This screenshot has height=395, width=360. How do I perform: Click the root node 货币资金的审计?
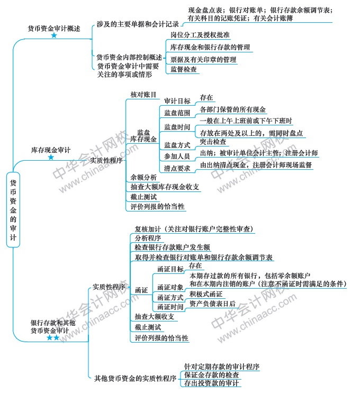point(13,210)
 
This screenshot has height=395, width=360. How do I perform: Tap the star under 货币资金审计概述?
point(54,35)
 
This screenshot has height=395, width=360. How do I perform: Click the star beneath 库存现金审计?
point(51,158)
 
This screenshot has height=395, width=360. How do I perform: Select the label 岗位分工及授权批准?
point(200,35)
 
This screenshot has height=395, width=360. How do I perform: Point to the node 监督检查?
point(183,69)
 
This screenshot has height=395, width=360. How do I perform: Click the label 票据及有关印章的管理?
point(203,59)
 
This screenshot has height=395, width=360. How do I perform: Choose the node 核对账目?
point(143,95)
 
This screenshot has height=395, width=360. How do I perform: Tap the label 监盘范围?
point(177,113)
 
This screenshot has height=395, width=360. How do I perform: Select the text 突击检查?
point(213,142)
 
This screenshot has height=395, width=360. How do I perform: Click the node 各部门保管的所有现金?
point(232,109)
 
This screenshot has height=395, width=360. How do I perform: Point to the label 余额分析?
point(143,177)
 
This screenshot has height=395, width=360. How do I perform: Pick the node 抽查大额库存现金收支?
point(165,187)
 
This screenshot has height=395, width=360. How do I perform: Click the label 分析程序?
point(148,238)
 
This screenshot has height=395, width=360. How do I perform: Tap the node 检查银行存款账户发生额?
point(172,247)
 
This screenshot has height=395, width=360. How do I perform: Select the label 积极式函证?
point(206,294)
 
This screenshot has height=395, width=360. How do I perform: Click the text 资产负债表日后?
point(212,304)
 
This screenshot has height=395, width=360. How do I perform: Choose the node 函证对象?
point(170,287)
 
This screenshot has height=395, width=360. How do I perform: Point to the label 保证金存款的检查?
point(211,375)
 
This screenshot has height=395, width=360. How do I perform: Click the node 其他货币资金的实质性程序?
point(135,379)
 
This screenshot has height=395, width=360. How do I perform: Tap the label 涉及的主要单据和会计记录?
point(138,24)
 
